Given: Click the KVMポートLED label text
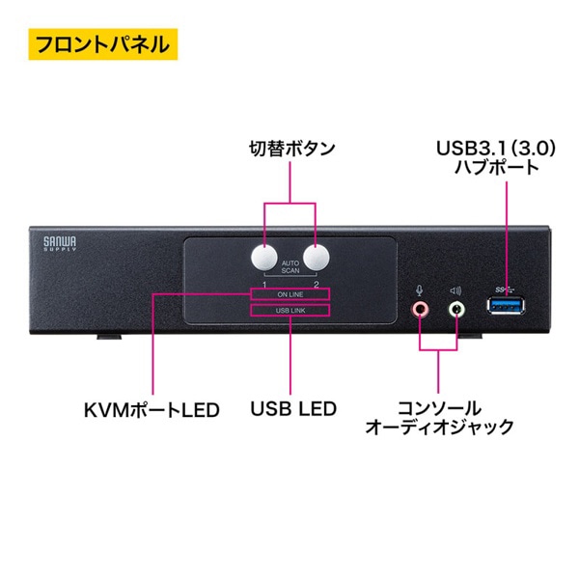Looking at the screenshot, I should [152, 409].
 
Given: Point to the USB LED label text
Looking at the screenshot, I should [292, 409].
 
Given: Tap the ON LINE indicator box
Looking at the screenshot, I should [289, 294].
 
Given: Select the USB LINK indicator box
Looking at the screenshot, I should [289, 311].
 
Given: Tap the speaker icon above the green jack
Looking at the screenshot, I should [456, 287].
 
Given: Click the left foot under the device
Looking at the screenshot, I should [109, 338].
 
